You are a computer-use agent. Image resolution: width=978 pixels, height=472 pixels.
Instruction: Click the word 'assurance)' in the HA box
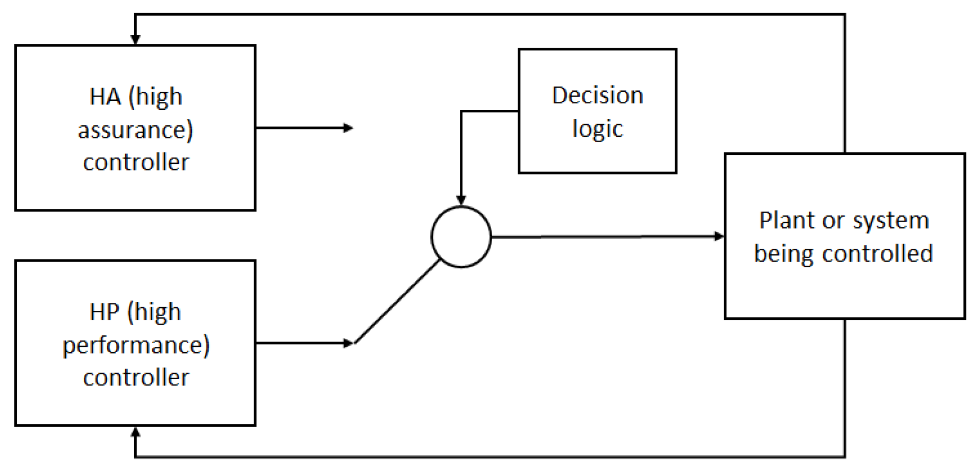tap(135, 130)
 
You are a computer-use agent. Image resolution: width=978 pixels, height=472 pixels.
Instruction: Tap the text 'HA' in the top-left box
tap(105, 97)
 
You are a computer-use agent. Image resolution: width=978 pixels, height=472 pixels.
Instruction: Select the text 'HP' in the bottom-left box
tap(104, 312)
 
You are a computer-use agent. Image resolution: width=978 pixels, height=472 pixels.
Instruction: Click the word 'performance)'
tap(136, 346)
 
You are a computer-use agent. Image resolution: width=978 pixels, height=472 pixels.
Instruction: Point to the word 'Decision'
tap(597, 95)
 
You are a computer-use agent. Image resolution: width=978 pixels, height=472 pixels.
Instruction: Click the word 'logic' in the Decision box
tap(597, 129)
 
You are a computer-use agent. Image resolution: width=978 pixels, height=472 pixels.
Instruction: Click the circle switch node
tap(461, 237)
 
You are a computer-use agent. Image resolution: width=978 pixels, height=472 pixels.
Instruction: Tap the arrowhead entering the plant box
tap(719, 236)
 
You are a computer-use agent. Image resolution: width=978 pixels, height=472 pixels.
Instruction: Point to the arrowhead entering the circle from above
tap(461, 200)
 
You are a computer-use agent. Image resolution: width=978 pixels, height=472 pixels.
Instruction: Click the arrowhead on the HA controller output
tap(348, 128)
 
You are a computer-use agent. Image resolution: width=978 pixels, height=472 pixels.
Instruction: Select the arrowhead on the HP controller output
tap(348, 343)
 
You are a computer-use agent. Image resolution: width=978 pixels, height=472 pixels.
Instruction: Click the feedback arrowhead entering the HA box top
tap(135, 39)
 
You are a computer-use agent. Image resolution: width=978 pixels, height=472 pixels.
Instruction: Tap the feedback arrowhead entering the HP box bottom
tap(135, 432)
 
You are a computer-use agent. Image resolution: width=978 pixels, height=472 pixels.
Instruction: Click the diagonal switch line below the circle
tap(397, 302)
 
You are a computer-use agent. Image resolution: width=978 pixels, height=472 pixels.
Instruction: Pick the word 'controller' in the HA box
tap(136, 162)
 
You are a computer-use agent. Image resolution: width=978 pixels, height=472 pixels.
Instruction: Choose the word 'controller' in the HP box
tap(136, 378)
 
